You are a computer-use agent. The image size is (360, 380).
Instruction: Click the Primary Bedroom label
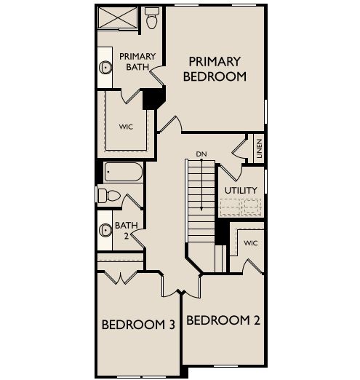pyautogui.click(x=215, y=69)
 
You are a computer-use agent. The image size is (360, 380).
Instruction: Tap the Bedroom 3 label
pyautogui.click(x=138, y=325)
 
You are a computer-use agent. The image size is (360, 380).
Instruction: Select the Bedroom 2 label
pyautogui.click(x=223, y=320)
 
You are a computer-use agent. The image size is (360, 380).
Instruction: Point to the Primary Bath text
pyautogui.click(x=137, y=62)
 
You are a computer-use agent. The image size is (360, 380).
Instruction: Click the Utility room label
pyautogui.click(x=241, y=191)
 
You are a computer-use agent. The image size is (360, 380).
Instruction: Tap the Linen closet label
pyautogui.click(x=259, y=149)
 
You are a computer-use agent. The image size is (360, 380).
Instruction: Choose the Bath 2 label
pyautogui.click(x=127, y=230)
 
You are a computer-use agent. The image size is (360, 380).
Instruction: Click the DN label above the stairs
pyautogui.click(x=201, y=154)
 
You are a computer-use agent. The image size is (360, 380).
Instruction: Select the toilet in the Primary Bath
pyautogui.click(x=152, y=18)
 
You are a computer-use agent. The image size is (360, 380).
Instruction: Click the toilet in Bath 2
pyautogui.click(x=109, y=195)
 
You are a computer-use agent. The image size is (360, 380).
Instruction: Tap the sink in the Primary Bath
pyautogui.click(x=105, y=67)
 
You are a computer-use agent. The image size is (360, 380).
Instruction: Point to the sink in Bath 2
pyautogui.click(x=105, y=230)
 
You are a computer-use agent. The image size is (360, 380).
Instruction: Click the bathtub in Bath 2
pyautogui.click(x=124, y=172)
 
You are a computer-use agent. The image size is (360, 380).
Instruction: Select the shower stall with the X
pyautogui.click(x=118, y=17)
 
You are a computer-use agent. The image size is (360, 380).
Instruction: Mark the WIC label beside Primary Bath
pyautogui.click(x=126, y=127)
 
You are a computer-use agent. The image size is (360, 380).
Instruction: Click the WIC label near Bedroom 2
pyautogui.click(x=251, y=243)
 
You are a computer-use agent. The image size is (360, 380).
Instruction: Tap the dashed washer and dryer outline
pyautogui.click(x=241, y=207)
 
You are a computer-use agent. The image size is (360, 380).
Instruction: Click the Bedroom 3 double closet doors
pyautogui.click(x=121, y=277)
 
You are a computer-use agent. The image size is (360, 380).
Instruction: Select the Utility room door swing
pyautogui.click(x=231, y=173)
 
